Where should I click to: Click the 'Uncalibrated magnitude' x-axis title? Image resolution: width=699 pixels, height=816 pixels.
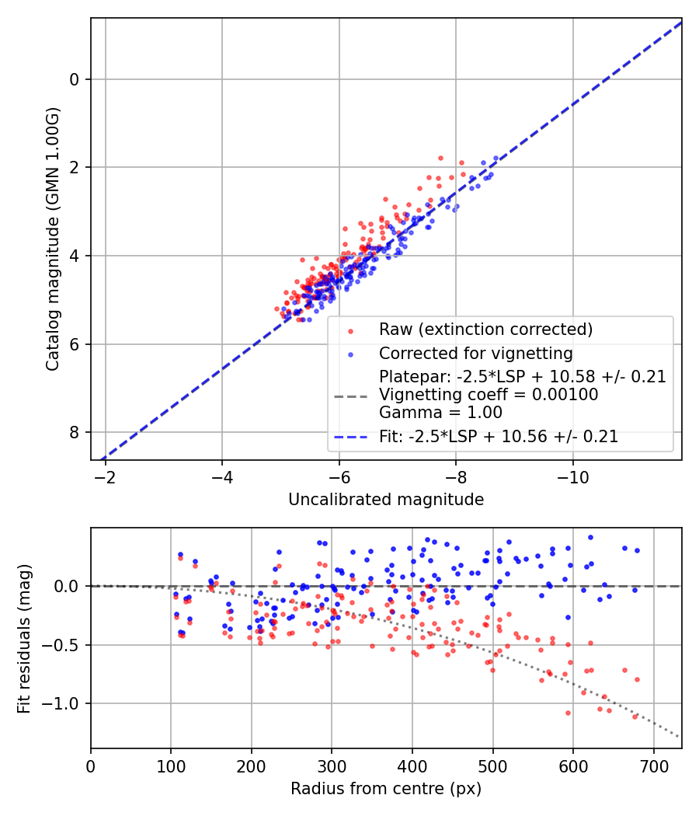click(386, 500)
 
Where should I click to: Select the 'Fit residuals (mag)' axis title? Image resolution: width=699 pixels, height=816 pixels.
click(24, 638)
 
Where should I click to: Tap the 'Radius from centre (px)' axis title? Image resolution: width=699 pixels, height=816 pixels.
click(386, 789)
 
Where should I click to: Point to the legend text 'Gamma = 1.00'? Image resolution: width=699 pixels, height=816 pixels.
click(440, 413)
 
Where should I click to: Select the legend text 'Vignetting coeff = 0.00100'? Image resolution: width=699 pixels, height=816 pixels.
click(489, 395)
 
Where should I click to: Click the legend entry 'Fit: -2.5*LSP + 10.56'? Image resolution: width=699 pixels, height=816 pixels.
click(499, 437)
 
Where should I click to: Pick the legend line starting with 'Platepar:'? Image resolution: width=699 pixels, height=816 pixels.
click(522, 377)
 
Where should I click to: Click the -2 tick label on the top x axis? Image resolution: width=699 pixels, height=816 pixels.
click(105, 476)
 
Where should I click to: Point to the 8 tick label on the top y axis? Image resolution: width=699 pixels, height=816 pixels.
click(75, 432)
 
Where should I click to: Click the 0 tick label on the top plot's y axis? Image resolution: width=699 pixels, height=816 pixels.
click(75, 79)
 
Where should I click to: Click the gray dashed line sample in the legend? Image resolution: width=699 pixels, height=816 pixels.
click(350, 396)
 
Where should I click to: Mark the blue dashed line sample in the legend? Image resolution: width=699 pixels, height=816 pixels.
click(350, 438)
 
